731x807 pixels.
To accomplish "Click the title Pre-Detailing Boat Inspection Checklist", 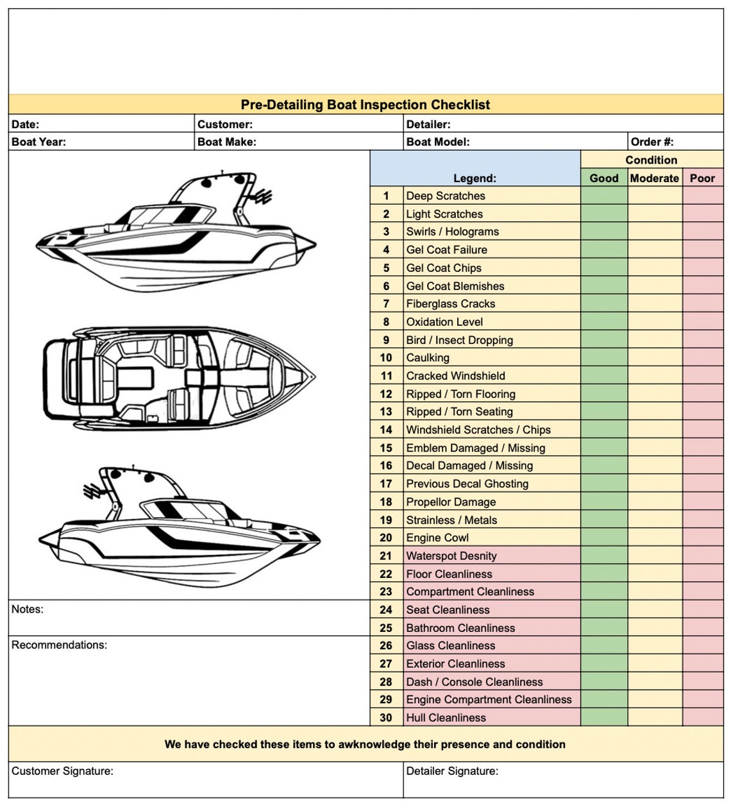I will tap(365, 105).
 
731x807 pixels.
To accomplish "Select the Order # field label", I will tap(651, 142).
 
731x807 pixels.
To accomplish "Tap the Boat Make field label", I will tap(226, 142).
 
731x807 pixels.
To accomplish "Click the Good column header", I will tap(603, 178).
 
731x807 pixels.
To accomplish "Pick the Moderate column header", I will tap(654, 178).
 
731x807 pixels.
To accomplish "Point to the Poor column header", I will tap(702, 178).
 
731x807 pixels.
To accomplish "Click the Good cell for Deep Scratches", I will tap(603, 196).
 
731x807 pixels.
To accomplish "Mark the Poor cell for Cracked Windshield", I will tap(702, 376).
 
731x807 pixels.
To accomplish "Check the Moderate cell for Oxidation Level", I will tap(654, 322).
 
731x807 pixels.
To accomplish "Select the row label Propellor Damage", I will tap(451, 502).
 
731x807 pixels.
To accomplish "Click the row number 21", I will tap(386, 556).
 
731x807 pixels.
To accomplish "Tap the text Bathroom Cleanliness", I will tap(460, 628).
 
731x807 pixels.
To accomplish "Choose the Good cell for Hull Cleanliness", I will tap(603, 718).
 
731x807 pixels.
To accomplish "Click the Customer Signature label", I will tap(62, 771).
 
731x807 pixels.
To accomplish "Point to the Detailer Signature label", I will tap(452, 771).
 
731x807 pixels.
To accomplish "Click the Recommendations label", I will tap(59, 645).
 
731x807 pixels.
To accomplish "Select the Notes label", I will tap(28, 609).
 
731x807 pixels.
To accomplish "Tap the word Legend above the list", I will tap(475, 178).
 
